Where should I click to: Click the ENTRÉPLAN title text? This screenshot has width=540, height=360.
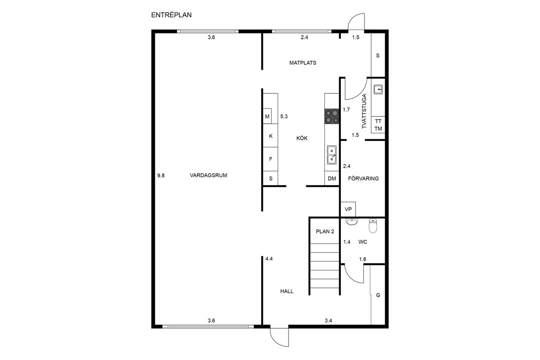click(171, 15)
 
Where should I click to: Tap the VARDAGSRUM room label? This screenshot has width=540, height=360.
click(208, 175)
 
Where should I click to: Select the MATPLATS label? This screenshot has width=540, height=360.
click(303, 63)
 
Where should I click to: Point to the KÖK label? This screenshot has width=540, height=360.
click(302, 138)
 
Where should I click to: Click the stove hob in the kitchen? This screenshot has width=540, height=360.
click(332, 116)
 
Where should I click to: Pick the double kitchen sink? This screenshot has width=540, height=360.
click(332, 155)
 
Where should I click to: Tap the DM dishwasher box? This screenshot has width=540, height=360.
click(332, 179)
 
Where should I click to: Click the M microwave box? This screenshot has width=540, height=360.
click(267, 116)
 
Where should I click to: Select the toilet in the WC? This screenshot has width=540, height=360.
click(373, 225)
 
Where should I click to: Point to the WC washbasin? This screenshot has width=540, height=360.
click(352, 221)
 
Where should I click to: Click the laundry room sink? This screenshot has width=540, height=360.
click(378, 89)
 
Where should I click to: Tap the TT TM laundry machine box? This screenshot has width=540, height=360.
click(378, 125)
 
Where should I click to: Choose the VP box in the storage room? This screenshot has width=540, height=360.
click(348, 209)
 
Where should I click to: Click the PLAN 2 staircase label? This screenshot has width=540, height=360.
click(325, 231)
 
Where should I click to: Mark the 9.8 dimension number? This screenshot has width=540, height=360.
click(161, 176)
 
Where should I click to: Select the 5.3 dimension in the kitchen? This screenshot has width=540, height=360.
click(284, 116)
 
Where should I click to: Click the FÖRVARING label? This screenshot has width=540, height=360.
click(363, 179)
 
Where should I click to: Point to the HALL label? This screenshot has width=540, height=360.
click(287, 291)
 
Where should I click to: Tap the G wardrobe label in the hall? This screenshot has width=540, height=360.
click(378, 295)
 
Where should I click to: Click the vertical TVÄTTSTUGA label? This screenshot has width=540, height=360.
click(364, 111)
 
